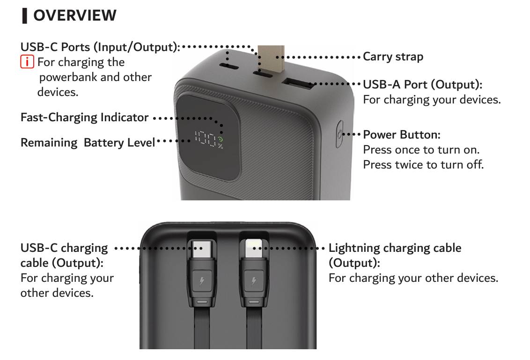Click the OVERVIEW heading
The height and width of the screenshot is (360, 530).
[75, 15]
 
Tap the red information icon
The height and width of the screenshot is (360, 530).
[27, 62]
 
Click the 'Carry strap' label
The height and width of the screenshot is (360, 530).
[393, 57]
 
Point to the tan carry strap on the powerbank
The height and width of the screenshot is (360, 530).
[271, 59]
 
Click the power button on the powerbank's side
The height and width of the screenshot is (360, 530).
[339, 134]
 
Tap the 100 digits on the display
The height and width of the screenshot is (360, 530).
[205, 139]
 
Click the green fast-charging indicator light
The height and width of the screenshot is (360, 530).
[221, 139]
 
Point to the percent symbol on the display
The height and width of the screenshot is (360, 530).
[221, 146]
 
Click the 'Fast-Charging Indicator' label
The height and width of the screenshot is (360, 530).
[84, 118]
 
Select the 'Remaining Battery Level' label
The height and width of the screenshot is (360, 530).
[88, 143]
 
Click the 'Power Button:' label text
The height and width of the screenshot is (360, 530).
[402, 134]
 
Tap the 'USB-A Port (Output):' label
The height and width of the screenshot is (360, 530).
[423, 85]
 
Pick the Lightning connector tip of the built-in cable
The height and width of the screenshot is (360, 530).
[254, 249]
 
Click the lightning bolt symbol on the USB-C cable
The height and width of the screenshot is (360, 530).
[202, 280]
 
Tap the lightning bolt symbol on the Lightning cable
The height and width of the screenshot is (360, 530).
[253, 280]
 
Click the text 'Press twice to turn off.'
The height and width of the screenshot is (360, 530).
[424, 165]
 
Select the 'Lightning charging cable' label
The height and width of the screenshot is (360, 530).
[395, 248]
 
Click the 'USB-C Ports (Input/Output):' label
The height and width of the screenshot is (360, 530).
[100, 47]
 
